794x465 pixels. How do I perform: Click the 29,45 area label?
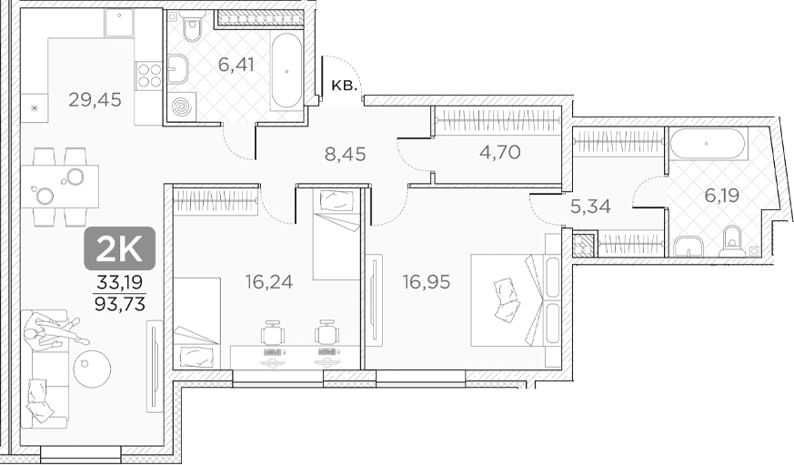click(95, 100)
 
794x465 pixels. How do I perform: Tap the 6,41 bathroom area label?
click(236, 65)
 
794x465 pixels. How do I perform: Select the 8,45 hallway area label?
click(345, 154)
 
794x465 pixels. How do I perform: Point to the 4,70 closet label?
click(500, 151)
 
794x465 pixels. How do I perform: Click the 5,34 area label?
click(590, 207)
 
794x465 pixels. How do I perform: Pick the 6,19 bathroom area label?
click(722, 195)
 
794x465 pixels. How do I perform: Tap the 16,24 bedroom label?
click(269, 281)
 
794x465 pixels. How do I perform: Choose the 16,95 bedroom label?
click(427, 281)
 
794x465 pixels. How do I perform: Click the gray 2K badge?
click(119, 248)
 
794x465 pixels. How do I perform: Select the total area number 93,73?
click(120, 304)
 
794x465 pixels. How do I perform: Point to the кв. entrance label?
click(345, 86)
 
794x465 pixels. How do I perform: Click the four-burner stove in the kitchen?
click(148, 75)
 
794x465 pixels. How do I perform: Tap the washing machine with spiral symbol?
click(180, 106)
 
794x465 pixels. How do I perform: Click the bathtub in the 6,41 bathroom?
click(286, 70)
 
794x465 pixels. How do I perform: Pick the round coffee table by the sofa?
click(92, 369)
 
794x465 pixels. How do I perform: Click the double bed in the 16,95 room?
click(516, 300)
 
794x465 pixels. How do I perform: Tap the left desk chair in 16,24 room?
click(273, 333)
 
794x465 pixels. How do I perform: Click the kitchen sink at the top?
click(119, 23)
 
